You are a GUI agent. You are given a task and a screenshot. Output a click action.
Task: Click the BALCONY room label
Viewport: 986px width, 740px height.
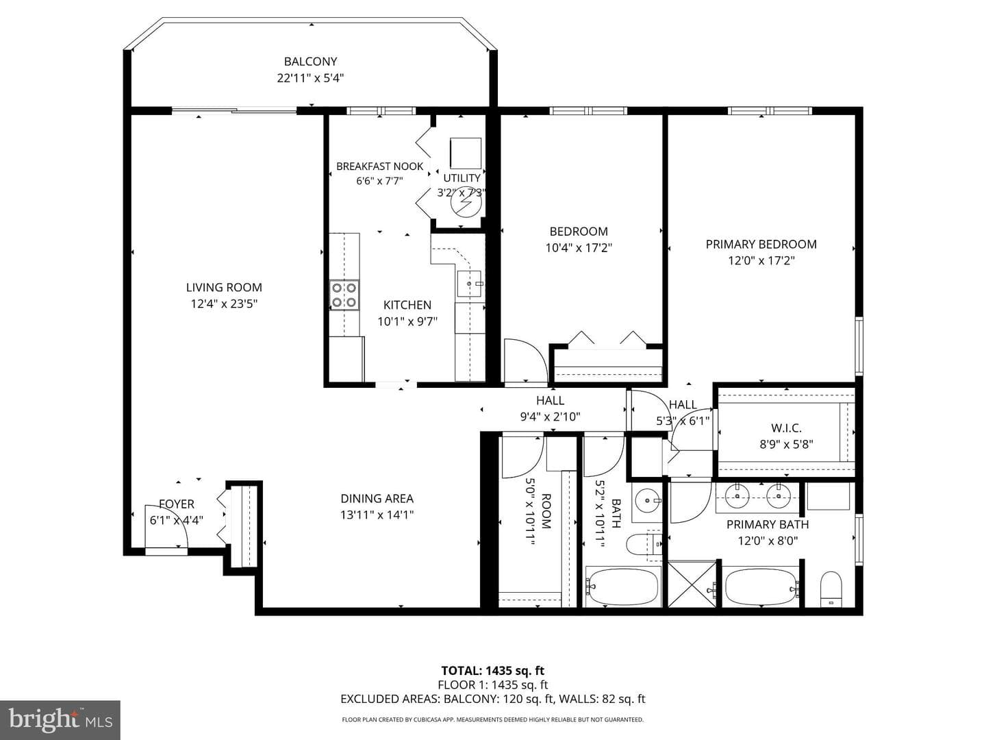coord(310,61)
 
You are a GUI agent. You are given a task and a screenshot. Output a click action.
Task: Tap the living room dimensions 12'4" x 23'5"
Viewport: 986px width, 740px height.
coord(224,304)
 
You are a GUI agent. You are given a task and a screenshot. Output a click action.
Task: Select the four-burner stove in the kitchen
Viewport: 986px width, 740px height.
coord(344,295)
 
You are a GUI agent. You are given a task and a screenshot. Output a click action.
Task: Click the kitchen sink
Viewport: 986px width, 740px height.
coord(470,284)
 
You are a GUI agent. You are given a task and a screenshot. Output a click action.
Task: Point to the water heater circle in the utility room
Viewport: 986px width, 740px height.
coord(466,202)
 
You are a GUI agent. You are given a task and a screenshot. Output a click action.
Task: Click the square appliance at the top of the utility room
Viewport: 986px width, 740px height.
coord(466,153)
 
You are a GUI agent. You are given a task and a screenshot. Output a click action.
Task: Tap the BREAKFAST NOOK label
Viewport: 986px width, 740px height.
coord(379,166)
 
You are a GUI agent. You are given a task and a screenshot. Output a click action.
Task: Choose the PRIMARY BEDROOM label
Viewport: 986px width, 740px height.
coord(761,244)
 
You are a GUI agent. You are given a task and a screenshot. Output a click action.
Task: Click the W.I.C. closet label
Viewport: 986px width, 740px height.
coord(786,428)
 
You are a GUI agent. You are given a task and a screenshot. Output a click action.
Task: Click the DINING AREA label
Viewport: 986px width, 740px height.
coord(377,498)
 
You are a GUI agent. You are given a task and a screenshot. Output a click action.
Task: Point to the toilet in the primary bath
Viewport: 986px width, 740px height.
coord(831,589)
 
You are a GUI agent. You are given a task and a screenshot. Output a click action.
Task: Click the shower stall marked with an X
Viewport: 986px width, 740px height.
coord(693,584)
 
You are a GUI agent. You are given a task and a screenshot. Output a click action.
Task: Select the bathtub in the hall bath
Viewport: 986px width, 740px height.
coord(622,587)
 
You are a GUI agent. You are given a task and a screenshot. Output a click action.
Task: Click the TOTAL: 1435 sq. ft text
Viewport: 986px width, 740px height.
coord(493,671)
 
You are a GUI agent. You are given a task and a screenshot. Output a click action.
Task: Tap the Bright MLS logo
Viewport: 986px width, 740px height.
coord(60,719)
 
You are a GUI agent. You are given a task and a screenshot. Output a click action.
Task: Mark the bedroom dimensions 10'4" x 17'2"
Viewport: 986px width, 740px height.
coord(579,247)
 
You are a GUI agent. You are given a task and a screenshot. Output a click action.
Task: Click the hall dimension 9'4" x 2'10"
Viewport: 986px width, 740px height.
coord(551,417)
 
